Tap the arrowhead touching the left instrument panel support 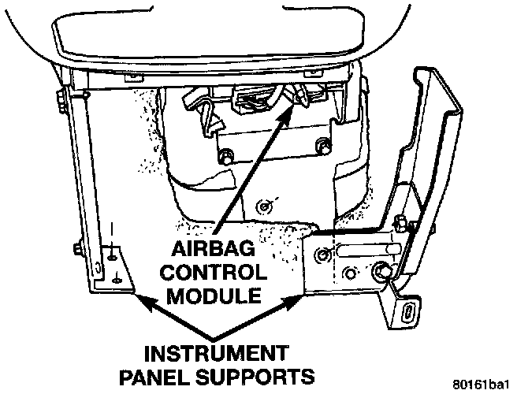tap(140, 299)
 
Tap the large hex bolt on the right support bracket tap(383, 272)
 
